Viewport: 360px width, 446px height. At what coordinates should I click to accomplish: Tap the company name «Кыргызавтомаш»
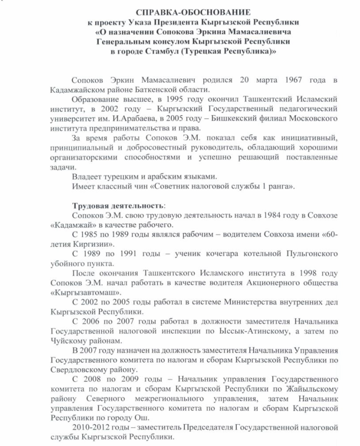pos(78,292)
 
